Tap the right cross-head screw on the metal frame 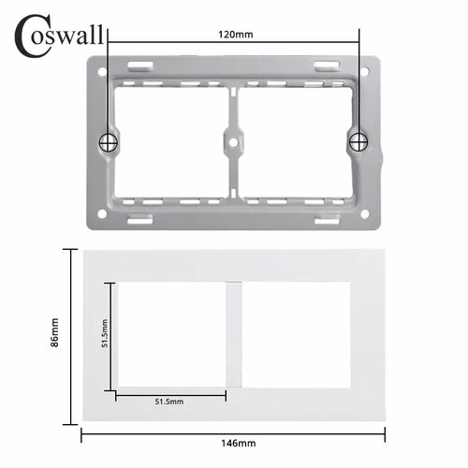pyautogui.click(x=358, y=141)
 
